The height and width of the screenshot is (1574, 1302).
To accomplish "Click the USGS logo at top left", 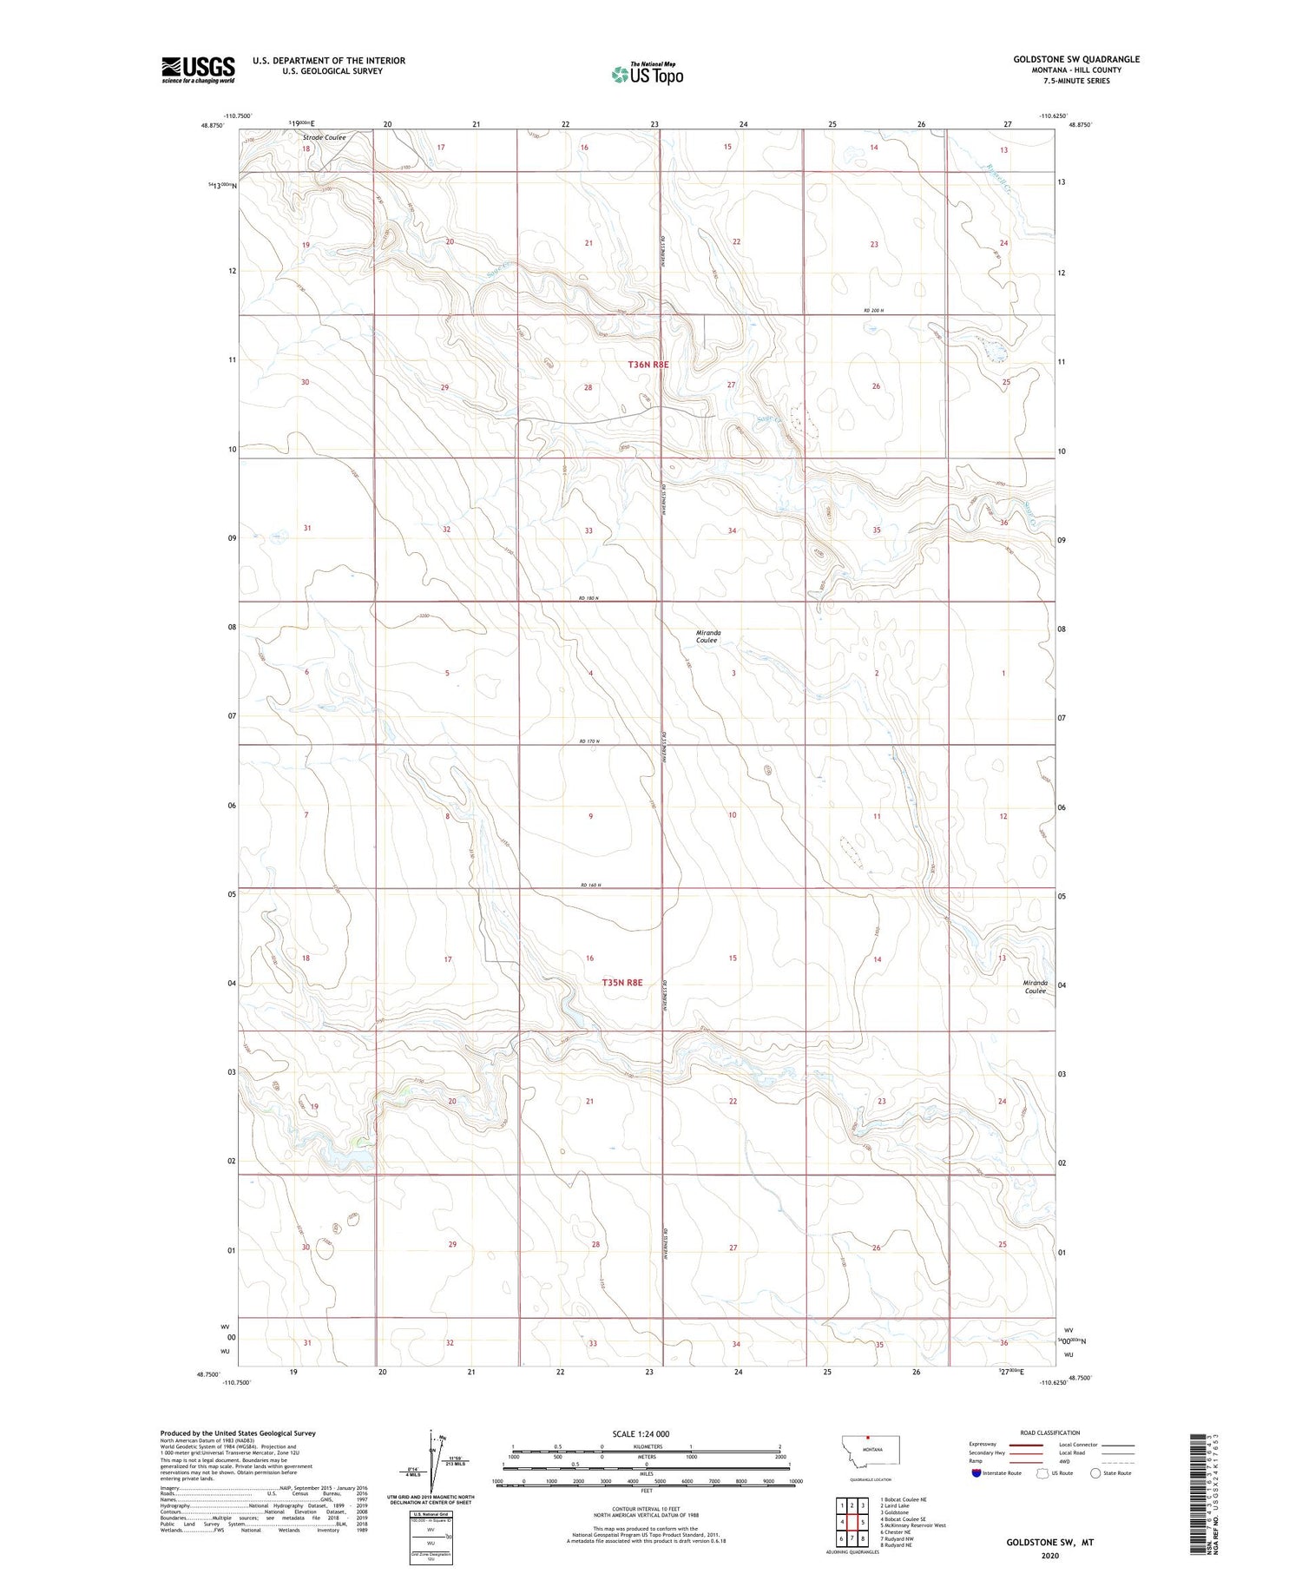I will coord(198,69).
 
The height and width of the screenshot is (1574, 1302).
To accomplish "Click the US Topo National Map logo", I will coord(648,74).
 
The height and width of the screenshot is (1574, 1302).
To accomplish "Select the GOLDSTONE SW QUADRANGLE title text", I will coord(1076,59).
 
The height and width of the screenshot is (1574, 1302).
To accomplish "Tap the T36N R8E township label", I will coord(648,366).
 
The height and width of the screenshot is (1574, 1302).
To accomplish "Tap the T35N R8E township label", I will coord(622,982).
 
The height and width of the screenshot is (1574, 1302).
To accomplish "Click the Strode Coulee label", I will coord(324,137).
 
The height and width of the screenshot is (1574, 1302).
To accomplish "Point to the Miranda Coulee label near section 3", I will coord(708,636).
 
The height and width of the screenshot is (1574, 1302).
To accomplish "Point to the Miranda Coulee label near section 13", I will coord(1035,987).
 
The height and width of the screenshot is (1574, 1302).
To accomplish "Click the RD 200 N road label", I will coord(878,310).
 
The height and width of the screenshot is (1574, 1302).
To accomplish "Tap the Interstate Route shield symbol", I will coord(976,1473).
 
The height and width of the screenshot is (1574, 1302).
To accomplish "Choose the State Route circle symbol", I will coord(1095,1473).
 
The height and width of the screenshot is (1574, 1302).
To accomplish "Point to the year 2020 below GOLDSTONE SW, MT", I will coord(1049,1555).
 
